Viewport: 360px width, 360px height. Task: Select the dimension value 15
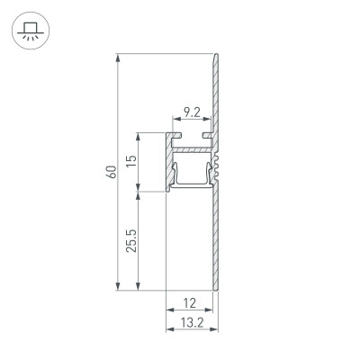(130, 162)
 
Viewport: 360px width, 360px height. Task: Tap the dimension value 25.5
(130, 241)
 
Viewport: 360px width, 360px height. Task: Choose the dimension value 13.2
(192, 320)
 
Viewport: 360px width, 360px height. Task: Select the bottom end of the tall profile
(215, 288)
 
